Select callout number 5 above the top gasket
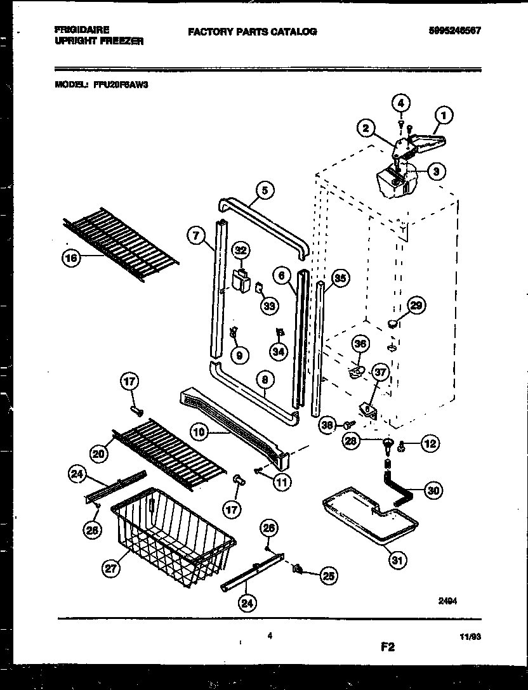(x=265, y=189)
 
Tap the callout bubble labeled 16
(x=72, y=257)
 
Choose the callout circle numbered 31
(x=399, y=559)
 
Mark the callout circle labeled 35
(x=341, y=278)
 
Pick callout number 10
(x=199, y=433)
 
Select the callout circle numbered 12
(x=430, y=444)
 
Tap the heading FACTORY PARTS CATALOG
(x=252, y=32)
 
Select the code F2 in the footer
(x=387, y=647)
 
